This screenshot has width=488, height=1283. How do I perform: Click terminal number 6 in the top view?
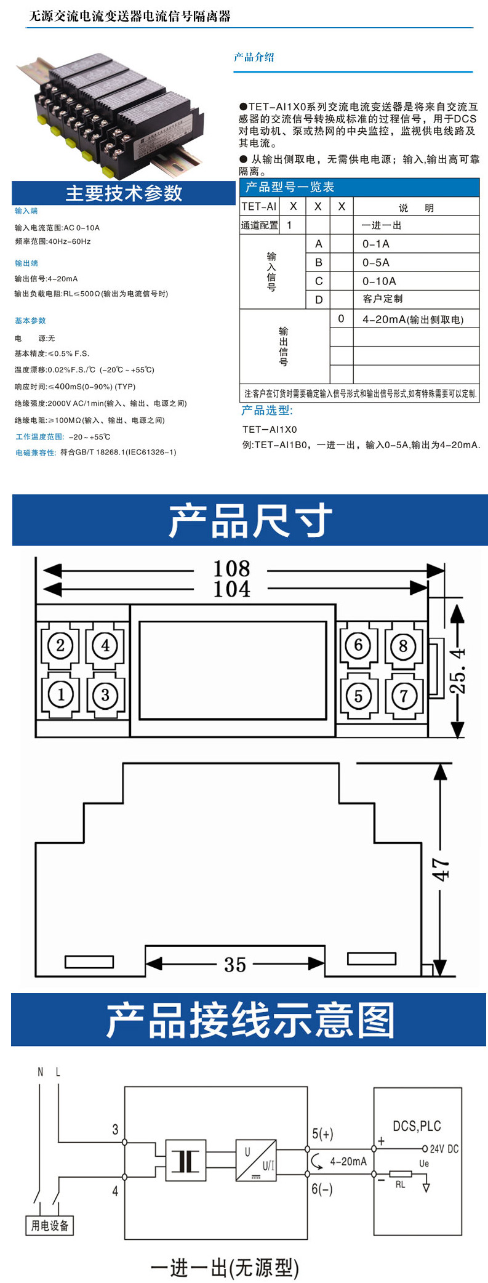pyautogui.click(x=358, y=645)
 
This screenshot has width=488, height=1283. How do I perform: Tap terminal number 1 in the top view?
pyautogui.click(x=60, y=694)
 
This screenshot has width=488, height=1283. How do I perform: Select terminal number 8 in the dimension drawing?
pyautogui.click(x=403, y=646)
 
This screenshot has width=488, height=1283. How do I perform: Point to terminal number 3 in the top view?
pyautogui.click(x=105, y=694)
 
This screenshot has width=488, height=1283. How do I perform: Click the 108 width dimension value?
pyautogui.click(x=231, y=568)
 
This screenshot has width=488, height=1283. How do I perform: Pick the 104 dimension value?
pyautogui.click(x=231, y=589)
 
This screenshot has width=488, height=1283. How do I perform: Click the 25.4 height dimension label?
pyautogui.click(x=457, y=671)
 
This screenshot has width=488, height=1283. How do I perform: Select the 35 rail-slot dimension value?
pyautogui.click(x=235, y=965)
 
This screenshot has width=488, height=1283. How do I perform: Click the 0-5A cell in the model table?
pyautogui.click(x=376, y=262)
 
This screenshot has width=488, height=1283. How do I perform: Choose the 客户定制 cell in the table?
pyautogui.click(x=383, y=299)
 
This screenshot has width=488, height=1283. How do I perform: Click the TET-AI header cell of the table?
pyautogui.click(x=259, y=207)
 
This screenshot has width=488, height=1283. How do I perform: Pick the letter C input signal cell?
pyautogui.click(x=319, y=281)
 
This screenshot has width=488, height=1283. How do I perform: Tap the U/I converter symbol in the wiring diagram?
pyautogui.click(x=256, y=1160)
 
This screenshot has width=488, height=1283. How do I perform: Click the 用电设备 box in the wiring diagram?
pyautogui.click(x=50, y=1225)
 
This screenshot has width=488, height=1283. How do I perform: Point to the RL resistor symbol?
pyautogui.click(x=401, y=1174)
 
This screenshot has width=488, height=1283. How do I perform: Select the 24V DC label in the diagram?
pyautogui.click(x=444, y=1149)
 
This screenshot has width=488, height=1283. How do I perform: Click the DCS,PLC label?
pyautogui.click(x=417, y=1126)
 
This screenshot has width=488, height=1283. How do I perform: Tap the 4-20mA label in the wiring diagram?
pyautogui.click(x=348, y=1161)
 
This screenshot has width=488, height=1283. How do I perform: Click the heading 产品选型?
pyautogui.click(x=267, y=411)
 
